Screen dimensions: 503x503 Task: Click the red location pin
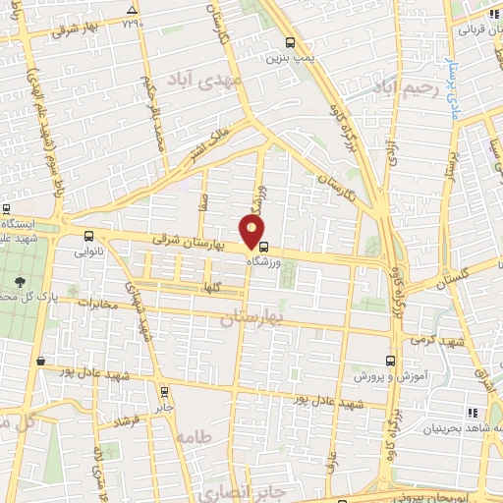(252, 230)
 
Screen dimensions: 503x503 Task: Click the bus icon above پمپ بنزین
(289, 42)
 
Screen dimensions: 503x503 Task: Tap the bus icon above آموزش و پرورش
(391, 361)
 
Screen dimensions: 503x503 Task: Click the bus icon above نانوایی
(89, 236)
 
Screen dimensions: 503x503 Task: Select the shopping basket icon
(39, 362)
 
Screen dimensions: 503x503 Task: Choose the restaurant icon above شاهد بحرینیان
(474, 414)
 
